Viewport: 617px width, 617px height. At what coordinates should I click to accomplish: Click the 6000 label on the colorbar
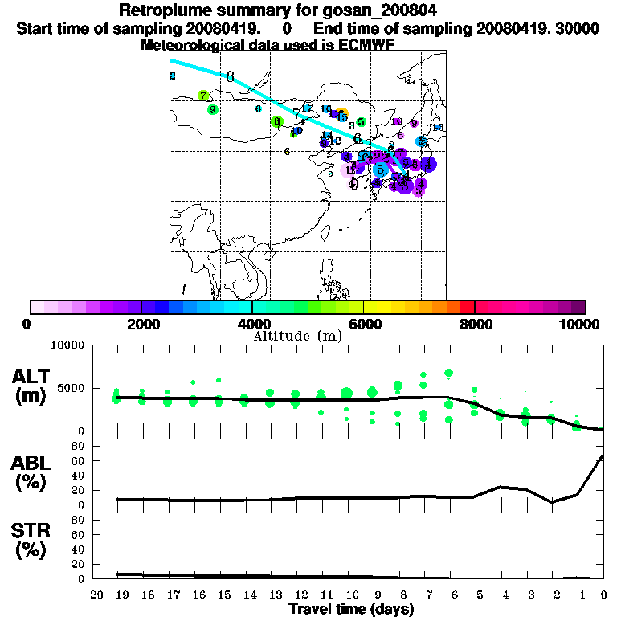363,324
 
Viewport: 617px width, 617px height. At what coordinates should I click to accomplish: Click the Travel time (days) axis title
351,610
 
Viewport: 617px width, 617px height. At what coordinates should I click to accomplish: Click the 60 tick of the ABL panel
80,460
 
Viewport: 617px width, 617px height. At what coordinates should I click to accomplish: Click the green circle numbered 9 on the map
212,110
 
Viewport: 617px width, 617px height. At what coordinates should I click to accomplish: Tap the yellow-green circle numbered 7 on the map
203,96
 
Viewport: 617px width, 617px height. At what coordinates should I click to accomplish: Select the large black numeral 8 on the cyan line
231,77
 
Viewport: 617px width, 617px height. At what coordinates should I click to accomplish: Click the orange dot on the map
342,113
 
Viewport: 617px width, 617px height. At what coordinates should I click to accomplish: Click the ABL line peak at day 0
603,456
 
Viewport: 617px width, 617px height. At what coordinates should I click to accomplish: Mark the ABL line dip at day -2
552,502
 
